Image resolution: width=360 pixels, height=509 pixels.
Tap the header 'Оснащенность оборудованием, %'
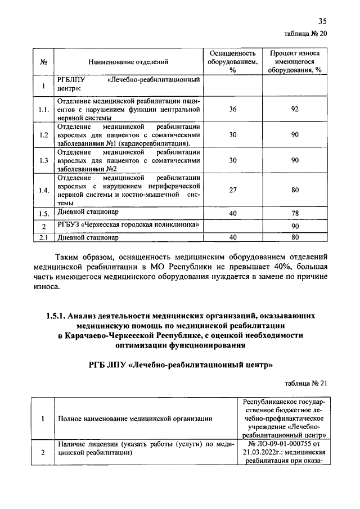tap(232, 61)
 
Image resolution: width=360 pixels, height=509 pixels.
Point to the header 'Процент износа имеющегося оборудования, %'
tap(295, 61)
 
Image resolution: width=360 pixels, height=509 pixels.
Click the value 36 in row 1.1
tap(232, 110)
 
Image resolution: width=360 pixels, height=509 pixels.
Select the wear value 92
tap(294, 110)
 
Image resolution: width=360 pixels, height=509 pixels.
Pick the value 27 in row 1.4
tap(232, 190)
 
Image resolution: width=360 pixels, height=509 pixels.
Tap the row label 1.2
tap(43, 136)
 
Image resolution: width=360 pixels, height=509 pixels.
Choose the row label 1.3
tap(43, 161)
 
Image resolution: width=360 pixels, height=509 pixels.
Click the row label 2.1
tap(43, 238)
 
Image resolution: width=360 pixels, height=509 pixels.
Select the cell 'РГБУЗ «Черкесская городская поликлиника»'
tap(129, 226)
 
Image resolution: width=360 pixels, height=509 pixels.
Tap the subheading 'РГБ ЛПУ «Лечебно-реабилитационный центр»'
tap(180, 365)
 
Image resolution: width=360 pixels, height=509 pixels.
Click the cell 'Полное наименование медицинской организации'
tap(135, 419)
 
